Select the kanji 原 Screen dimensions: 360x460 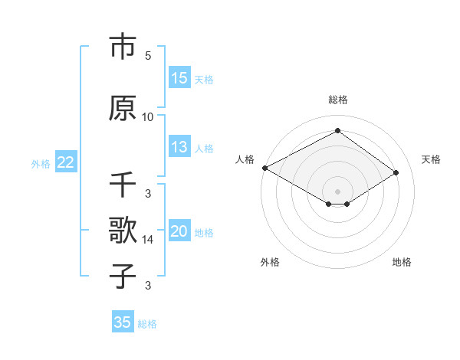pos(123,108)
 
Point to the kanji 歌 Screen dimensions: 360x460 pos(123,230)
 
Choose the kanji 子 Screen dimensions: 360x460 pos(123,276)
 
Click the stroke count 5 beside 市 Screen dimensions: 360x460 pos(147,56)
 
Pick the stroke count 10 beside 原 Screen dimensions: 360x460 pos(147,117)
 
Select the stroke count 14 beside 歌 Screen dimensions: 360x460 pos(147,240)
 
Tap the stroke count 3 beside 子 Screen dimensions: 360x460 pos(147,286)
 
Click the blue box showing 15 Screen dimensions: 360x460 pos(179,78)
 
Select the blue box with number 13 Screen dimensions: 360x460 pos(179,148)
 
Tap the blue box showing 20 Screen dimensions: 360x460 pos(179,232)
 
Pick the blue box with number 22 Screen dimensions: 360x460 pos(65,162)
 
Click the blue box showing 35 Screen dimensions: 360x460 pos(123,322)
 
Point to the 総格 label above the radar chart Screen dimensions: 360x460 pos(337,100)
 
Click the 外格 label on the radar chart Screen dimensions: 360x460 pos(270,262)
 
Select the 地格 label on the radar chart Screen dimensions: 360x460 pos(402,262)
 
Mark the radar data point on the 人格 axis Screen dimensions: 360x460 pos(264,168)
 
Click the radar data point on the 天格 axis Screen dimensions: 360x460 pos(396,172)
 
